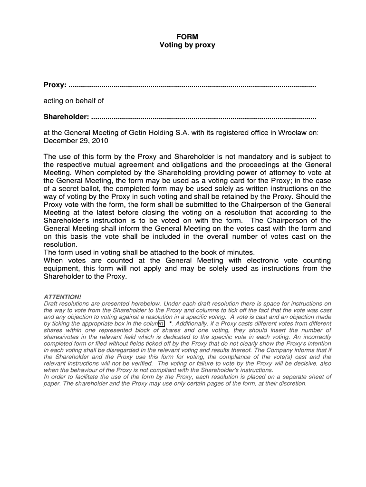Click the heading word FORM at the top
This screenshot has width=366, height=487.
click(x=187, y=36)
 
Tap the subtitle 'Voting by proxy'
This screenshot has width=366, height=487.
click(x=187, y=45)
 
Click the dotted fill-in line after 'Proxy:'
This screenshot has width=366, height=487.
click(x=192, y=86)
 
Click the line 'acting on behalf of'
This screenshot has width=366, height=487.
click(x=74, y=101)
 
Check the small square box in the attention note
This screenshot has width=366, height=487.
click(x=162, y=323)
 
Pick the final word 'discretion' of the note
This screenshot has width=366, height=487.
click(x=292, y=383)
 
